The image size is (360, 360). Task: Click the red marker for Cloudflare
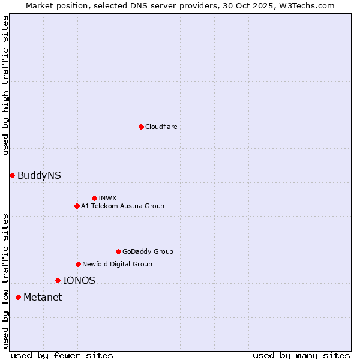141,127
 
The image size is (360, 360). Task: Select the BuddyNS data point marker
12,175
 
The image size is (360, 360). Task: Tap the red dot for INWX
94,198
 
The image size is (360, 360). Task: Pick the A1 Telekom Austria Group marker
77,206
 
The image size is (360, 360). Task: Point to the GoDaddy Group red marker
118,251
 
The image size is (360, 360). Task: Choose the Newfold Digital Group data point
78,264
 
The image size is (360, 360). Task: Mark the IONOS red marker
58,280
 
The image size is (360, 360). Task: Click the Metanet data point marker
18,297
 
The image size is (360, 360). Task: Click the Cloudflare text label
161,127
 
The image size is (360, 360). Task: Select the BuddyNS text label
39,175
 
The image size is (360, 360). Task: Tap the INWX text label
108,198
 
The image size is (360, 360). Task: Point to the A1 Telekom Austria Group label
122,206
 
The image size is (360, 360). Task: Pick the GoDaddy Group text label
148,251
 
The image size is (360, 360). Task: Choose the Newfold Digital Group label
117,264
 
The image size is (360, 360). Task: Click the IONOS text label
79,280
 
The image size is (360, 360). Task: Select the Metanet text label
43,297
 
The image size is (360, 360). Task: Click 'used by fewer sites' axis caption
62,355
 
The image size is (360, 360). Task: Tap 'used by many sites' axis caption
301,355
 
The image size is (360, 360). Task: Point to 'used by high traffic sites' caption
5,85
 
